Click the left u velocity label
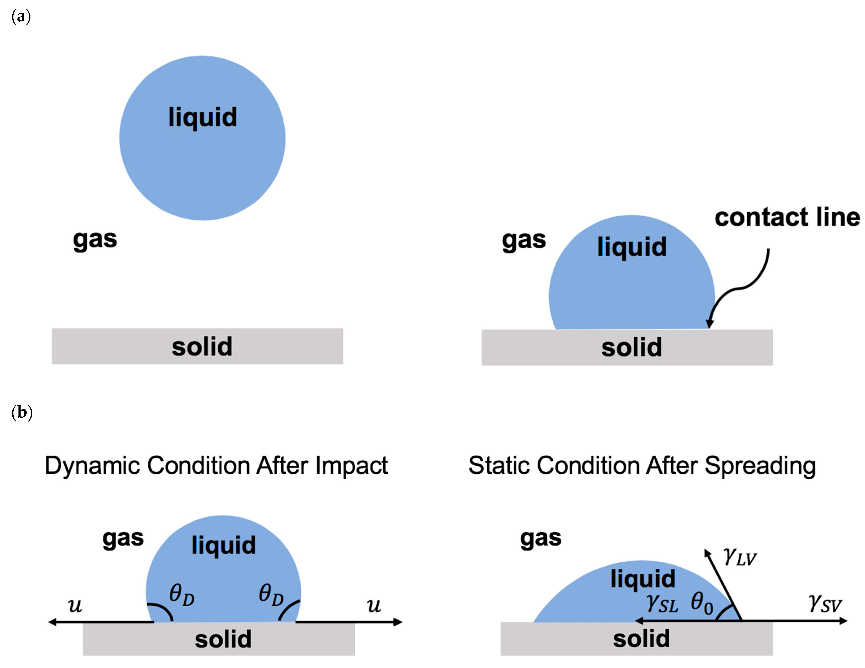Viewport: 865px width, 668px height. [75, 605]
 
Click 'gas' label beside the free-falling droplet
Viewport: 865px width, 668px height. [95, 239]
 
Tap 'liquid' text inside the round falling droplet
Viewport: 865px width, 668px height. [202, 117]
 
